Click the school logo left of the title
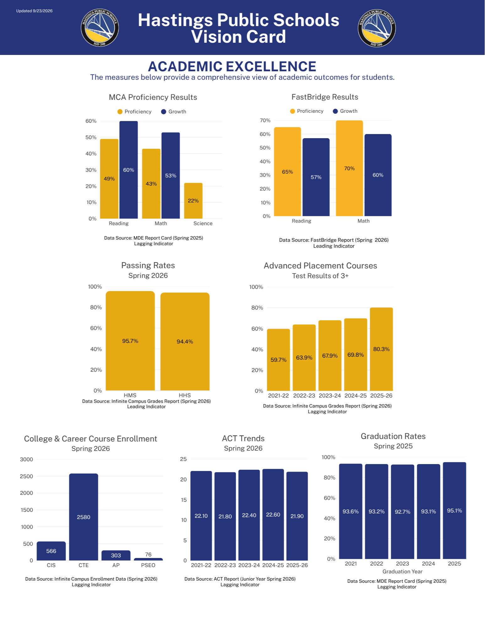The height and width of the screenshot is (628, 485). point(100,28)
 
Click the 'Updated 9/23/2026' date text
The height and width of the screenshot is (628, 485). point(34,11)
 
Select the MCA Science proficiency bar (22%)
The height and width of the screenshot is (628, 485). point(193,201)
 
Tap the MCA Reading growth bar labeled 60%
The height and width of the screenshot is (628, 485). point(129,170)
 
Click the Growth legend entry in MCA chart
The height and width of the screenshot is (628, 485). point(174,112)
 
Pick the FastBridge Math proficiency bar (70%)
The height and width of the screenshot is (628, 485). point(349,168)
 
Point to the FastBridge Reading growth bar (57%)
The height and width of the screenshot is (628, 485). point(316,177)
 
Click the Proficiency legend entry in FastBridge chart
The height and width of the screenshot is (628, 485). point(307,111)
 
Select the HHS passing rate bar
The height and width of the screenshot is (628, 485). point(185,342)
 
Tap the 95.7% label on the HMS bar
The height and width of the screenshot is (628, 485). point(130,341)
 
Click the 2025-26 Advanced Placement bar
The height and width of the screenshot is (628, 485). point(381,349)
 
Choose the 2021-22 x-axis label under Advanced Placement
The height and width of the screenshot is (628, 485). point(278,396)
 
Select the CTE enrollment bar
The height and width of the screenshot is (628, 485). point(84,517)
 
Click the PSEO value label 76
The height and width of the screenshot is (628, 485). point(148,555)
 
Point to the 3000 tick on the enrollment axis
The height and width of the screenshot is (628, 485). point(26,459)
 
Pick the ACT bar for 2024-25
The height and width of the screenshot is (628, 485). point(273,515)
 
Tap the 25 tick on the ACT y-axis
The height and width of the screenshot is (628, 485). point(183,459)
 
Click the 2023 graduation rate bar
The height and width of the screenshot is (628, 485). point(402,512)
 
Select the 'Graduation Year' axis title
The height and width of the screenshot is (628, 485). point(402,571)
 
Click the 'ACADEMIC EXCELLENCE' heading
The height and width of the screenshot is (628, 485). point(232,67)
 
